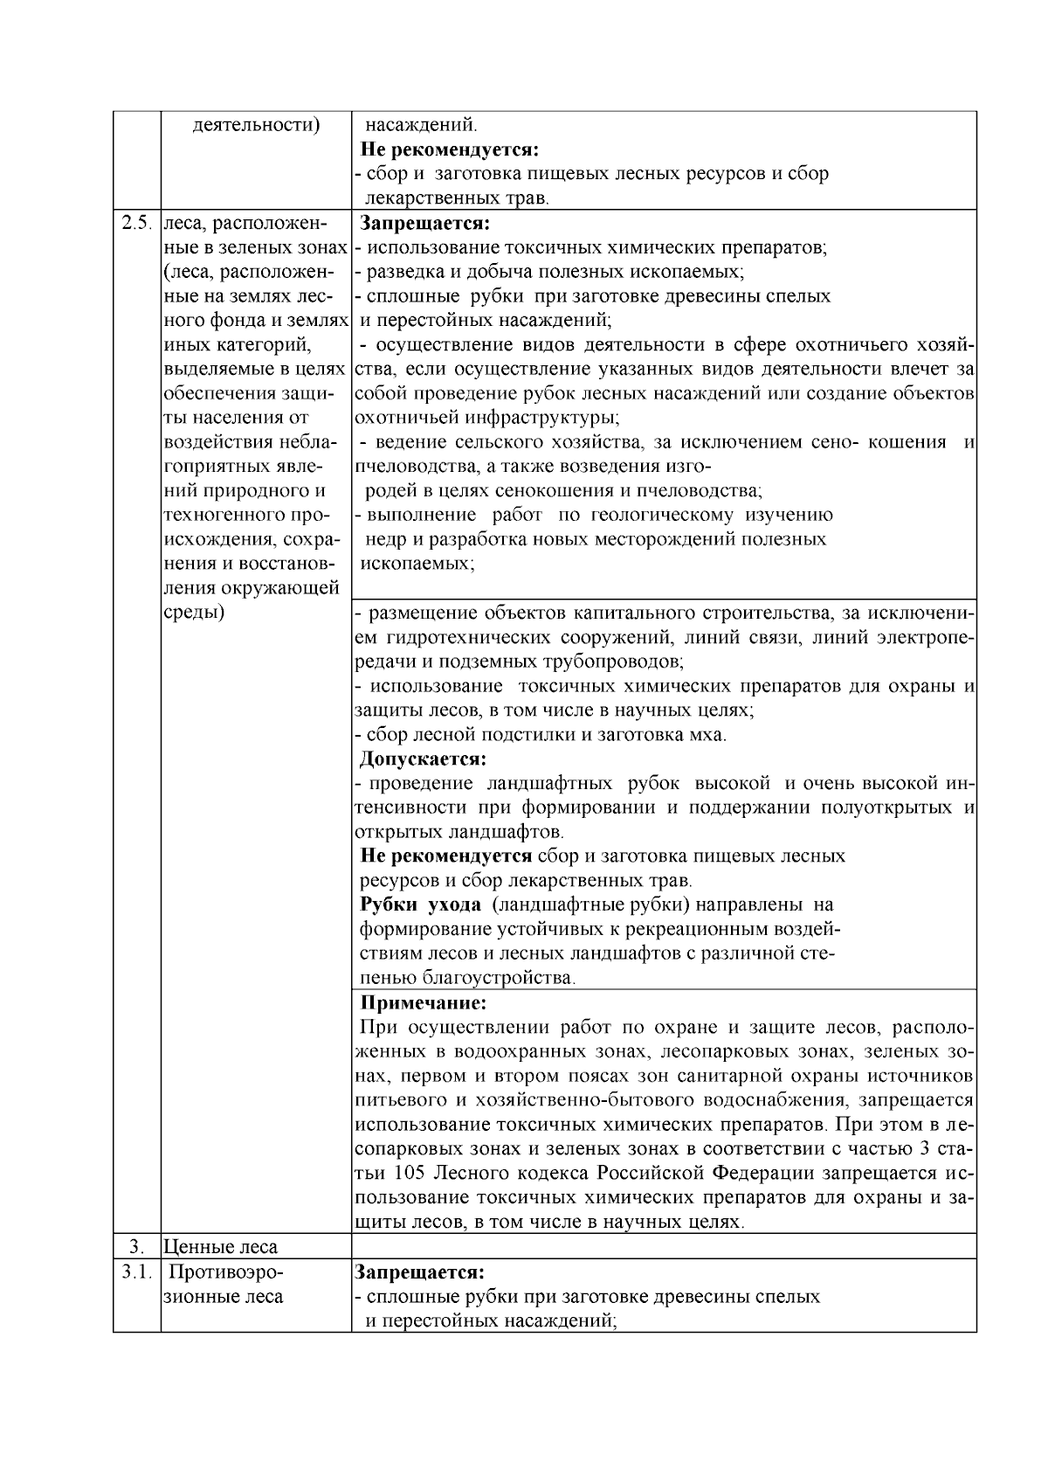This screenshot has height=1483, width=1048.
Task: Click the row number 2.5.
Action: point(137,223)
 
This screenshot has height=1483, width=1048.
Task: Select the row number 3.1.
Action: point(137,1272)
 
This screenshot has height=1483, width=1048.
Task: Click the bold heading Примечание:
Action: point(424,1002)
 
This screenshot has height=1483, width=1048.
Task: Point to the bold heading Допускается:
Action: point(423,758)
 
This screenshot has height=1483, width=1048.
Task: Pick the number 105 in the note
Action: point(411,1173)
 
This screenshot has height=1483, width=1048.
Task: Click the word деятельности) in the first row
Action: point(255,124)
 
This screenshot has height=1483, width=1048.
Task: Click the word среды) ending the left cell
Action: point(194,612)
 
